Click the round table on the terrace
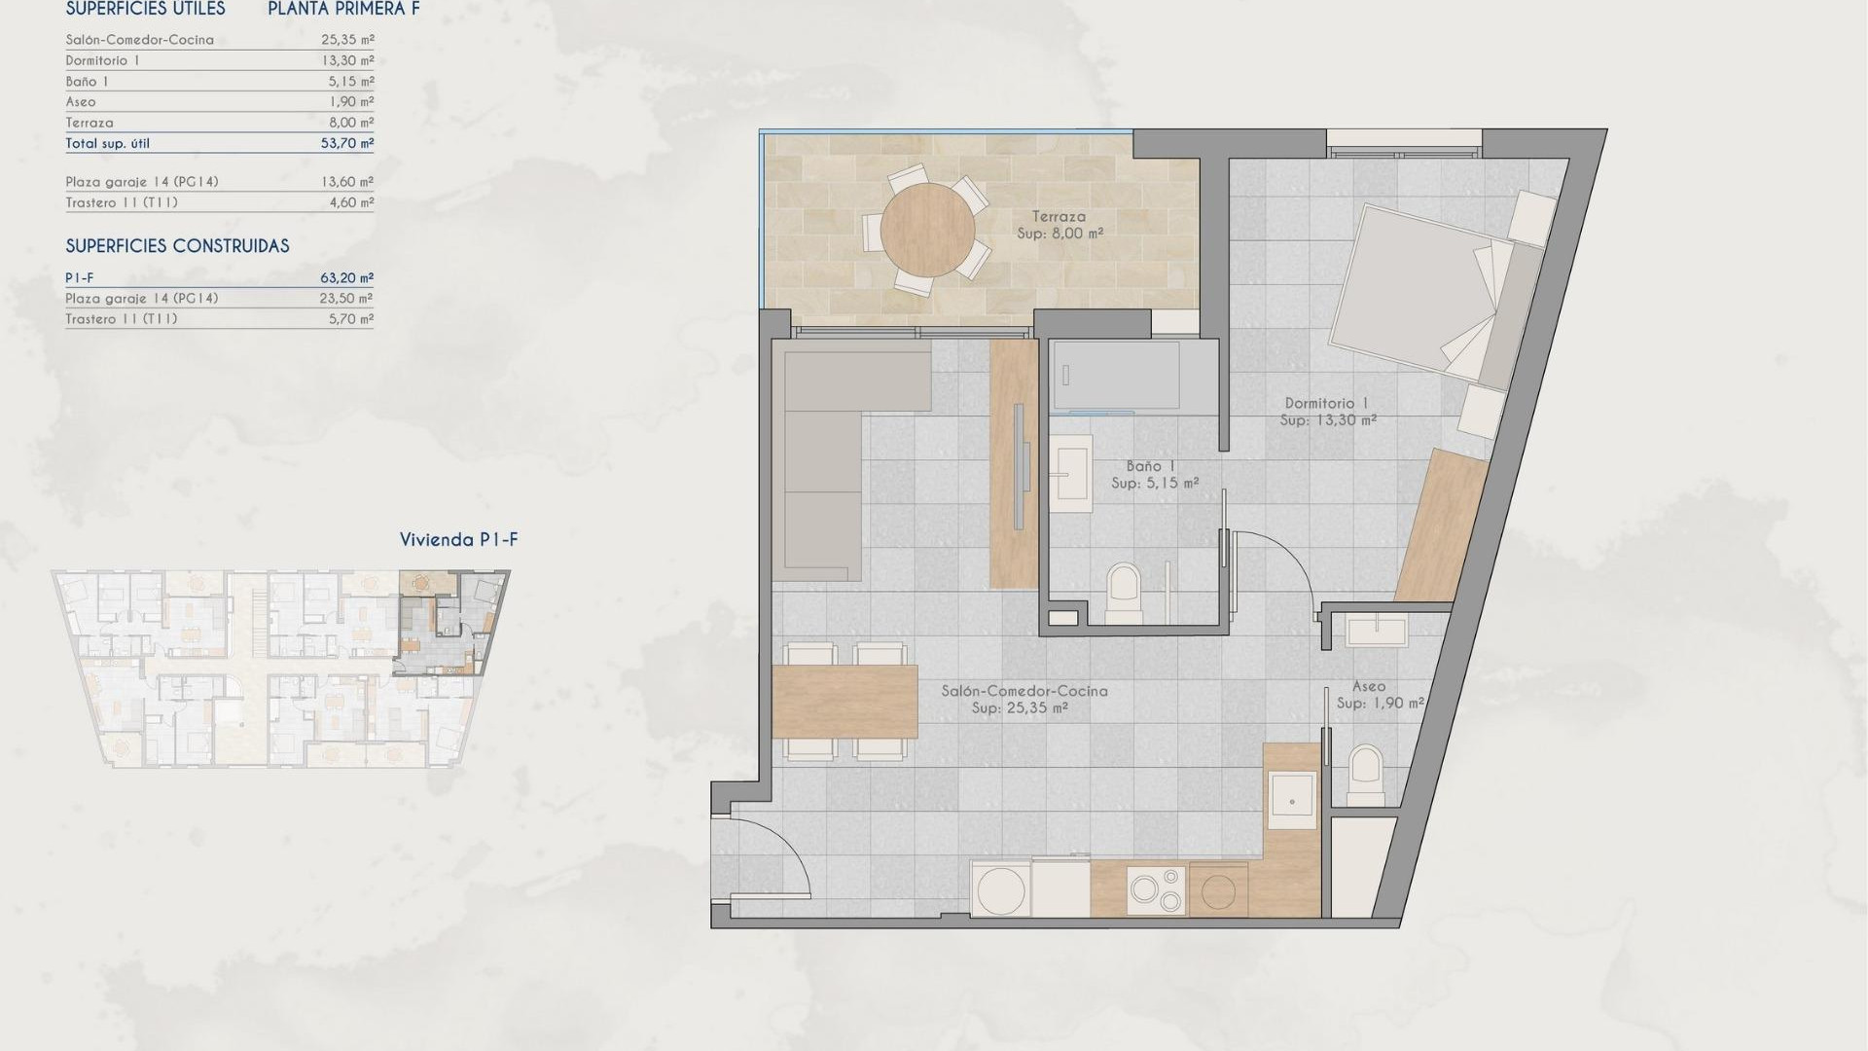[927, 231]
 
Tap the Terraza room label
[1060, 217]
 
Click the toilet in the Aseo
[1366, 774]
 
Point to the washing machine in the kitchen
[1000, 890]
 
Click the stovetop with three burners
[1156, 890]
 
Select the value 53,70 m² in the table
[346, 143]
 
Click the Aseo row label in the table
[81, 102]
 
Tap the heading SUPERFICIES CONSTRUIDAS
[177, 246]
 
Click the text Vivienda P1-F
[458, 540]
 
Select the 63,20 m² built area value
[346, 278]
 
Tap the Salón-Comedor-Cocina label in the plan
[1024, 691]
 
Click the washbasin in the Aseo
[1376, 632]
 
